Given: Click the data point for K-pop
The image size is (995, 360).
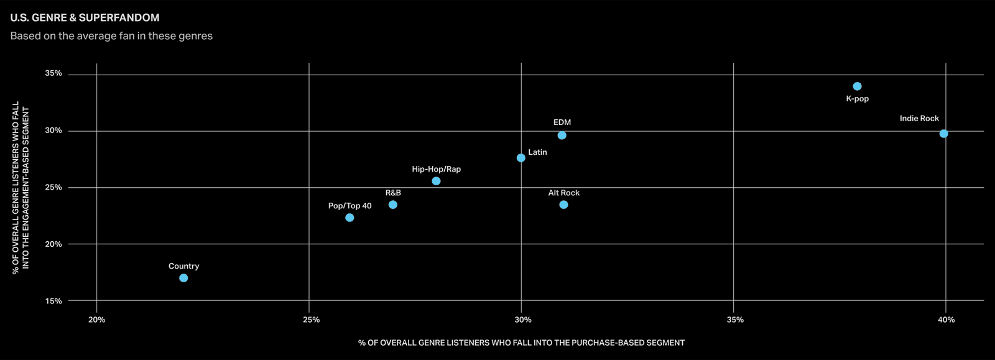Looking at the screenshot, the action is click(858, 86).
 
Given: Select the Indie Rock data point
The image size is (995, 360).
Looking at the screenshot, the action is click(944, 134).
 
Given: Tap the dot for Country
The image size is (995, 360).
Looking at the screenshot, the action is click(183, 278).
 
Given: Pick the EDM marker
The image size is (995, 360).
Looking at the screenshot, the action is click(562, 136).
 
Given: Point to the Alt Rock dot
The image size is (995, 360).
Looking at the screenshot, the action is click(563, 205).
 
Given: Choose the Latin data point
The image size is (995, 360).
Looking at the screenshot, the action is click(521, 158).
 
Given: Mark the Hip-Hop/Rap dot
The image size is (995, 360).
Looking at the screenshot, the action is click(436, 181).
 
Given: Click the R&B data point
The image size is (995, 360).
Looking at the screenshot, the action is click(393, 205).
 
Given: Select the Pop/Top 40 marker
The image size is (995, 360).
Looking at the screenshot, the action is click(349, 218).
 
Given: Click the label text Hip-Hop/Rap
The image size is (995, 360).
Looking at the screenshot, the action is click(436, 169).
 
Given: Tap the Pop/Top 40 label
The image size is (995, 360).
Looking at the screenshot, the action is click(349, 206).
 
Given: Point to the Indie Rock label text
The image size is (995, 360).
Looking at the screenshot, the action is click(920, 119).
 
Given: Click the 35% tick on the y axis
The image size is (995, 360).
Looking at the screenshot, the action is click(53, 73).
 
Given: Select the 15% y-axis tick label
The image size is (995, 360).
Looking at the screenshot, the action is click(53, 301).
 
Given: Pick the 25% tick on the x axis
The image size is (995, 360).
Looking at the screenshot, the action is click(312, 320).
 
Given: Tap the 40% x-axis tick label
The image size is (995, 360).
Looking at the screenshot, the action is click(946, 320).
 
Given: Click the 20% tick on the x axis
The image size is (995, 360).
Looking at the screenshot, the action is click(97, 320).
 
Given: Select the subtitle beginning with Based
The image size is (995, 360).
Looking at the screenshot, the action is click(111, 36).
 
